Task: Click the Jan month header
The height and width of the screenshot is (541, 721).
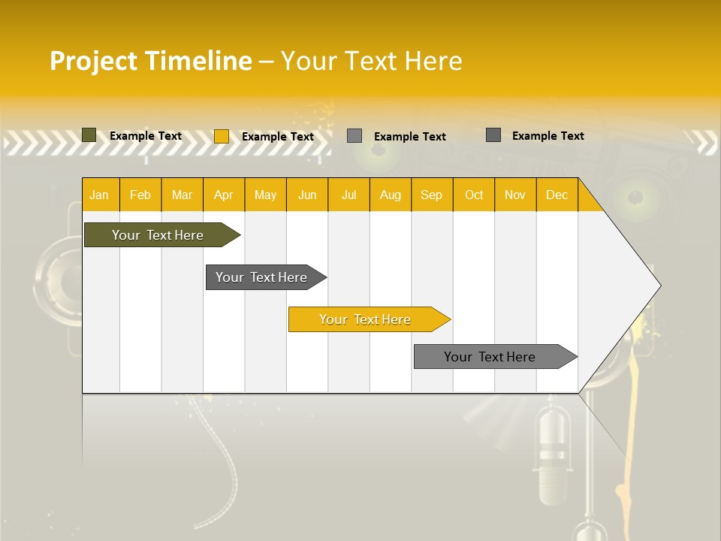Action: (x=99, y=195)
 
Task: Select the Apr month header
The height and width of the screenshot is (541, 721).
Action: (x=223, y=195)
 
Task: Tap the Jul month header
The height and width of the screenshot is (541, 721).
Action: (x=348, y=195)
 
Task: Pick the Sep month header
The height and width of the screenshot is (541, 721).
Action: (x=431, y=195)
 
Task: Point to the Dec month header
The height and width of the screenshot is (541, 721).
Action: (x=557, y=195)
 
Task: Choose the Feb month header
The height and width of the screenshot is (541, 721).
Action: (x=140, y=195)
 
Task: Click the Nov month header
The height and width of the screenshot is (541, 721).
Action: (x=514, y=195)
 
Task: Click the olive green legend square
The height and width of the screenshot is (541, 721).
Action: (x=89, y=135)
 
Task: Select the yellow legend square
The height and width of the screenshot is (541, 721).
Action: (x=221, y=136)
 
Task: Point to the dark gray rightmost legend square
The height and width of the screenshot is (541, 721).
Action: (x=493, y=135)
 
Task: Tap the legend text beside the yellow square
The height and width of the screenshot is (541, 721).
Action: (x=277, y=137)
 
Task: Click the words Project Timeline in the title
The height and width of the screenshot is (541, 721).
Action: (x=150, y=61)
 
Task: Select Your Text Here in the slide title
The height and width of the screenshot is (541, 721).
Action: (x=371, y=61)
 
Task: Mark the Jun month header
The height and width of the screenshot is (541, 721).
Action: (x=307, y=195)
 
